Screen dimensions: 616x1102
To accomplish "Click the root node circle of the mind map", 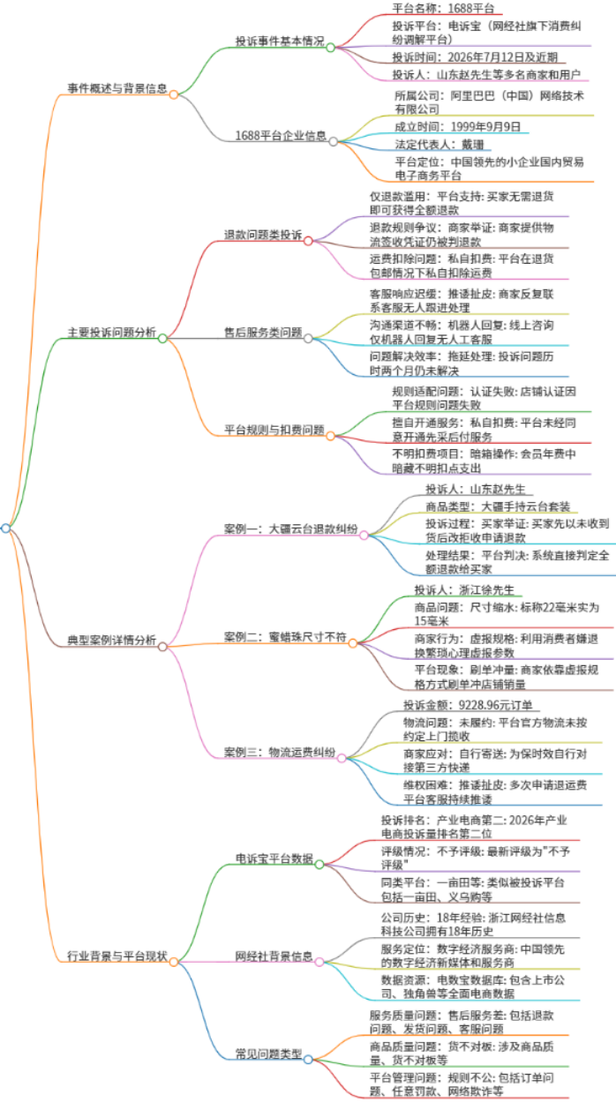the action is tap(5, 529).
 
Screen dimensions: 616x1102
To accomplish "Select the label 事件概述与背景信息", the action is tap(117, 88).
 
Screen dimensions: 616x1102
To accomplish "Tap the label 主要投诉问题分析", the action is tap(112, 333).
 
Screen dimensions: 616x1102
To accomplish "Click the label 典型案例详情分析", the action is tap(112, 640).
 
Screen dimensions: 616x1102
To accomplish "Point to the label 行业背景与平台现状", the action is tap(117, 956).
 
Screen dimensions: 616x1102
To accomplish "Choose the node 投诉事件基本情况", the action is tap(280, 41).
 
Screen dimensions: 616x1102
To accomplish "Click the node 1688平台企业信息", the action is tap(281, 136).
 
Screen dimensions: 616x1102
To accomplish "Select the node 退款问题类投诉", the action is tap(263, 236).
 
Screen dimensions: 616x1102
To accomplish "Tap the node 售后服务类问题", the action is tap(263, 333).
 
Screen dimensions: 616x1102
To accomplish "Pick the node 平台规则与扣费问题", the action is tap(274, 430).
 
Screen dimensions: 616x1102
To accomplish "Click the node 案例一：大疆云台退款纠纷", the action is tap(290, 529).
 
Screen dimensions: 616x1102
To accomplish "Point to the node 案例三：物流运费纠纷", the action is tap(280, 753).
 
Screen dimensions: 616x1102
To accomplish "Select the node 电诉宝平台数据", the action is tap(274, 858).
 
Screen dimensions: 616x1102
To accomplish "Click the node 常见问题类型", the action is tap(268, 1053).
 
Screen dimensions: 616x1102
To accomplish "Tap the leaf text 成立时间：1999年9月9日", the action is tap(457, 127).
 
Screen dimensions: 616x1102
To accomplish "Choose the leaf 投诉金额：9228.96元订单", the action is tap(468, 706).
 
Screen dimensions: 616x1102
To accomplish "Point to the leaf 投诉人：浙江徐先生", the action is tap(464, 590).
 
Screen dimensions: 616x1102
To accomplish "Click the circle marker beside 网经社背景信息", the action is tap(319, 962).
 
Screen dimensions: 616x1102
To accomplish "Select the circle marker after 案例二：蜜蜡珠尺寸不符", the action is tap(353, 643).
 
